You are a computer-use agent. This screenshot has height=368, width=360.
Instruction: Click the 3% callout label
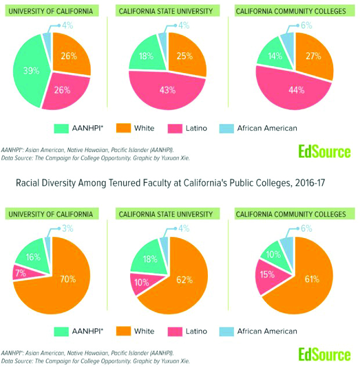(x=67, y=229)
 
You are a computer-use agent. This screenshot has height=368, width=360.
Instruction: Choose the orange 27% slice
(x=314, y=57)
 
